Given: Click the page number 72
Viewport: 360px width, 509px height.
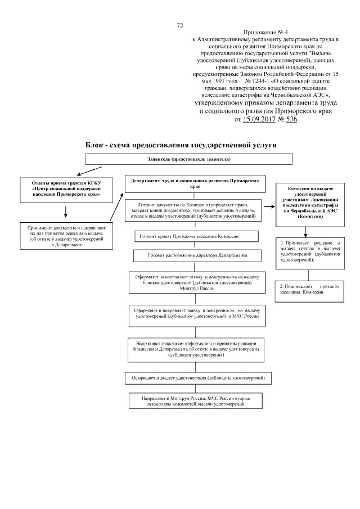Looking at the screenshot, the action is (180, 25).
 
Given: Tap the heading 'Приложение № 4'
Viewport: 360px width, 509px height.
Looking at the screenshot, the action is (265, 33).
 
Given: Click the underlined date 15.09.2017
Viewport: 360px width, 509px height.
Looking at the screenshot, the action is (259, 119).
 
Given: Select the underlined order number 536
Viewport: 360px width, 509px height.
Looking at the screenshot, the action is (291, 119).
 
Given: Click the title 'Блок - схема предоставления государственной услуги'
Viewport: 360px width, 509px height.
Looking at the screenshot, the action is (181, 145).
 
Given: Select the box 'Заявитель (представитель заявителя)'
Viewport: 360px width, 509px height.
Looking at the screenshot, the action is (188, 159).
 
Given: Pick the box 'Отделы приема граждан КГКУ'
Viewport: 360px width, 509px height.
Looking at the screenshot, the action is (66, 190).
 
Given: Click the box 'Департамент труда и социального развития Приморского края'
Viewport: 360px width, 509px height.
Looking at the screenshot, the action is (195, 184).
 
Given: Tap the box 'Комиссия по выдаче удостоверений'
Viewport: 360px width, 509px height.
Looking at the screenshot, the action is (310, 205).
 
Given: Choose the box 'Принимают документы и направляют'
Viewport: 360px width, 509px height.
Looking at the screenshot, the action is (66, 236).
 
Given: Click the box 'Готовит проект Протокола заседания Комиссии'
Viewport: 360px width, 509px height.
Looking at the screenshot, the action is (197, 236).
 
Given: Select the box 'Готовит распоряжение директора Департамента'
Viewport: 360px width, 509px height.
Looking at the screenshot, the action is (197, 255).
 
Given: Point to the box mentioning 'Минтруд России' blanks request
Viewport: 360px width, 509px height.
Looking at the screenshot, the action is (197, 282).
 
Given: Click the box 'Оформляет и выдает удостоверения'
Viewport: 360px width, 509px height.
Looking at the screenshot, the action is (198, 378).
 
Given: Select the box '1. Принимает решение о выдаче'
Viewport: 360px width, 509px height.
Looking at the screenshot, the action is (310, 254).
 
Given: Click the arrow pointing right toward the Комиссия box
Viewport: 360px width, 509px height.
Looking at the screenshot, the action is (270, 206).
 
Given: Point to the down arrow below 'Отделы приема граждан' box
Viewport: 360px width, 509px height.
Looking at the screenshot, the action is (66, 211).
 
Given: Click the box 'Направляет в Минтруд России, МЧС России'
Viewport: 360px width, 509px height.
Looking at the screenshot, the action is (195, 401).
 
